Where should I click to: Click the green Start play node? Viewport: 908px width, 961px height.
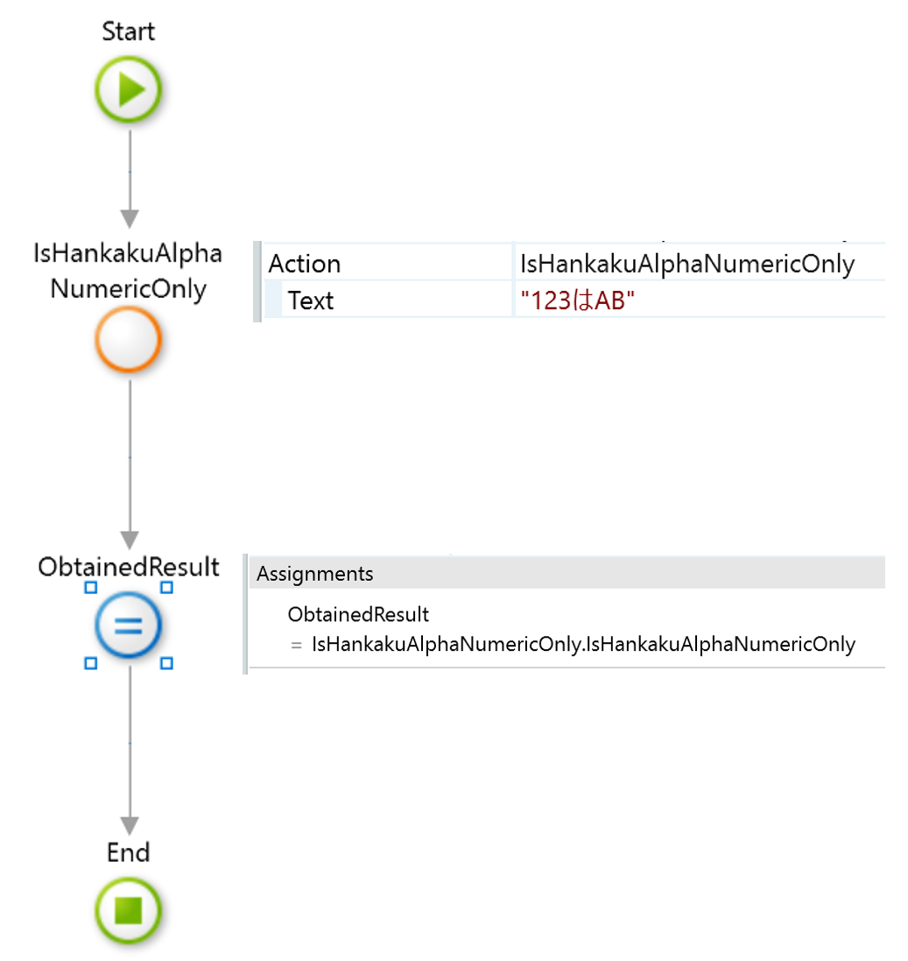129,89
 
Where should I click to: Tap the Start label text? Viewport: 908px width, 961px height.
129,32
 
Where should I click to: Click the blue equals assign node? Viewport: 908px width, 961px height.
129,625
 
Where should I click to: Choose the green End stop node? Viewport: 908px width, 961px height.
129,909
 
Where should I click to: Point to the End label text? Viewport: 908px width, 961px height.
129,852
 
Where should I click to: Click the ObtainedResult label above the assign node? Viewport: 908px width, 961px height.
129,567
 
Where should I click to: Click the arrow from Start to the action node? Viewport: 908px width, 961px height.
130,175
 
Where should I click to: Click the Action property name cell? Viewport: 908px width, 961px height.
305,264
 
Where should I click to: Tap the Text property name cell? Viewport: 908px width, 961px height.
311,301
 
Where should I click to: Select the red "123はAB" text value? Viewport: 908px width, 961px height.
577,301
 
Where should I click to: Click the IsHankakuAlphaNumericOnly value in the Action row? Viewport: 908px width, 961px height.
687,264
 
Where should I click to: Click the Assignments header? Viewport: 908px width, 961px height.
315,574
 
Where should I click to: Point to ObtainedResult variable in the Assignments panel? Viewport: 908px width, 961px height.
358,614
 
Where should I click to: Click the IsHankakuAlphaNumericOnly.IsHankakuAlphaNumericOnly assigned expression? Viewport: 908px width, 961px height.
583,645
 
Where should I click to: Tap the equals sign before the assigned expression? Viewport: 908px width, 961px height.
296,645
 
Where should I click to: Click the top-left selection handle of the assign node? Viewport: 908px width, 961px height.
90,588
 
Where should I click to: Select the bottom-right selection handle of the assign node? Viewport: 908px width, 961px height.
167,664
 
